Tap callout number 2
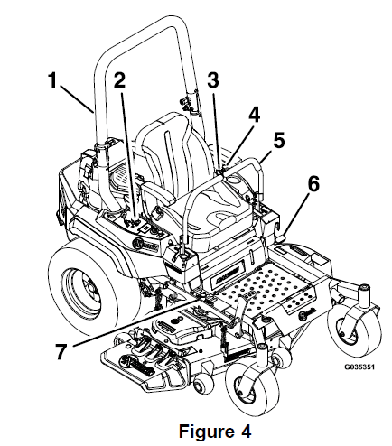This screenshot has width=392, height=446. tap(120, 80)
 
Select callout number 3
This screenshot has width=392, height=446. tap(214, 80)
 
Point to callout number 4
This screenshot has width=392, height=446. tap(254, 115)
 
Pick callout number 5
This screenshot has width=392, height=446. tap(279, 141)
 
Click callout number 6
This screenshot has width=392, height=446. tap(313, 184)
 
